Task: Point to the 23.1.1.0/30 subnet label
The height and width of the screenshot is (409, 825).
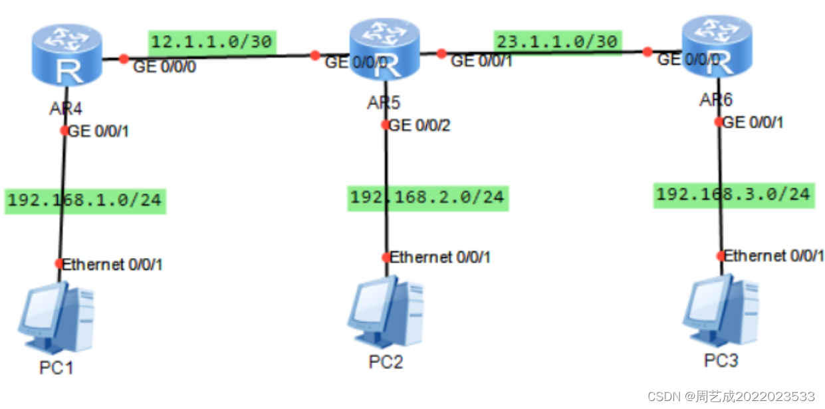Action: pyautogui.click(x=557, y=41)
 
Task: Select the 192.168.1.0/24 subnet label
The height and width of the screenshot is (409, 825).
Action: pyautogui.click(x=84, y=200)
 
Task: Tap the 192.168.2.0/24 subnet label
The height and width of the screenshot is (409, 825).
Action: pyautogui.click(x=427, y=198)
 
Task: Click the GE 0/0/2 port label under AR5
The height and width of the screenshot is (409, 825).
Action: pyautogui.click(x=419, y=125)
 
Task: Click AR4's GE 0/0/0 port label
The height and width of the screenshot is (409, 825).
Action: pyautogui.click(x=165, y=67)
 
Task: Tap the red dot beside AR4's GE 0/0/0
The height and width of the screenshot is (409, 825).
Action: pyautogui.click(x=123, y=59)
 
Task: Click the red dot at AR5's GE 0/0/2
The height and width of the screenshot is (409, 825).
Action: pyautogui.click(x=386, y=124)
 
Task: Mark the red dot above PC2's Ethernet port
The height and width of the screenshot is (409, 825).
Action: pyautogui.click(x=386, y=257)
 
